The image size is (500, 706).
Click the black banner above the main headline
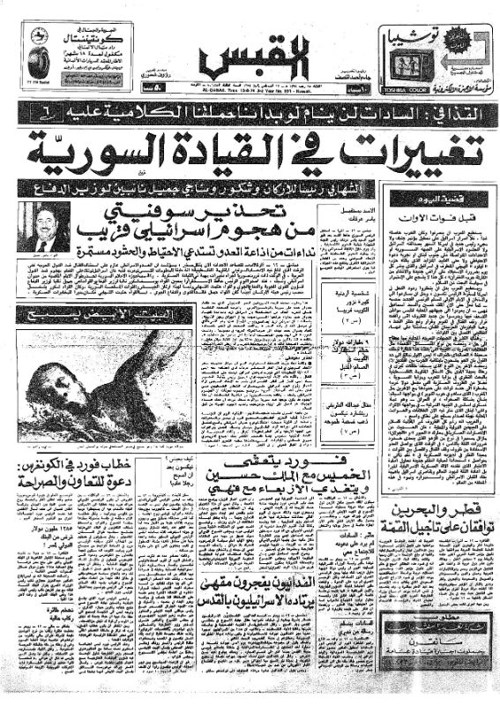pyautogui.click(x=250, y=112)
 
